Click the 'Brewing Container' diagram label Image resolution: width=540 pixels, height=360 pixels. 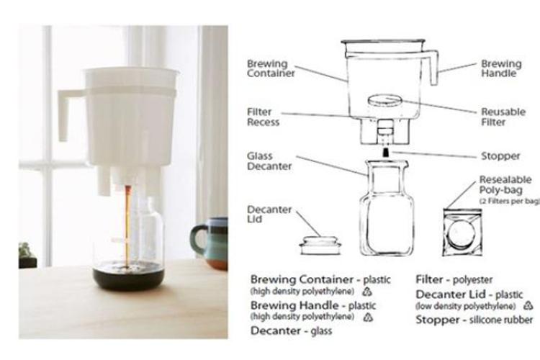(x=268, y=68)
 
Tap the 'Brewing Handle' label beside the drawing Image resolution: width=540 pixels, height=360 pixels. (x=502, y=68)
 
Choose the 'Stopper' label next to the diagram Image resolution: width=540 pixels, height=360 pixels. (x=500, y=156)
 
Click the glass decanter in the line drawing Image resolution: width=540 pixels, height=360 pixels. (x=387, y=209)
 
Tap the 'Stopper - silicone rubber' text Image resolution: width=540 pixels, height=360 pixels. (x=474, y=320)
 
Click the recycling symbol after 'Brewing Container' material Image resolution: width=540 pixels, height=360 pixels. (x=366, y=292)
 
